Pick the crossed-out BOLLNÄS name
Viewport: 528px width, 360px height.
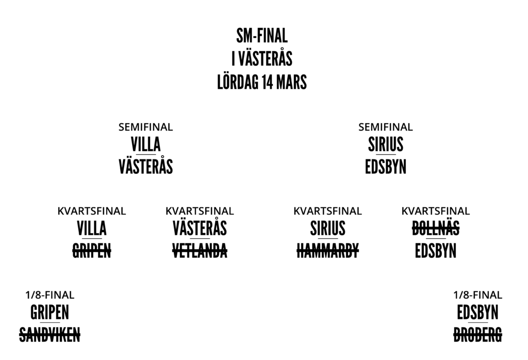click(436, 227)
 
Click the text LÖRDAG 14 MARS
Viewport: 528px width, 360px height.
click(261, 82)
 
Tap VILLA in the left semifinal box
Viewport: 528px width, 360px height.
click(146, 143)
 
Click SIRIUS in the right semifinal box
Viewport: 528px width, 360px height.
click(386, 143)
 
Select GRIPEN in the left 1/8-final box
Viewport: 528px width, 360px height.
click(50, 313)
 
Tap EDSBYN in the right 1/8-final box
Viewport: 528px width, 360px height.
click(477, 313)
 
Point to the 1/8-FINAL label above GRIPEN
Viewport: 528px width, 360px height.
click(50, 296)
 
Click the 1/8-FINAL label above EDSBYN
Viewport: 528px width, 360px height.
click(477, 296)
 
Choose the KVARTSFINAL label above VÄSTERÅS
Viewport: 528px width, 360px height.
click(200, 211)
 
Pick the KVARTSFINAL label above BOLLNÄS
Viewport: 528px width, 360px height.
click(436, 211)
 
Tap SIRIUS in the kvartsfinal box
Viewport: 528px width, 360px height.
click(328, 227)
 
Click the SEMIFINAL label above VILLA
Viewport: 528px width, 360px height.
click(146, 127)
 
